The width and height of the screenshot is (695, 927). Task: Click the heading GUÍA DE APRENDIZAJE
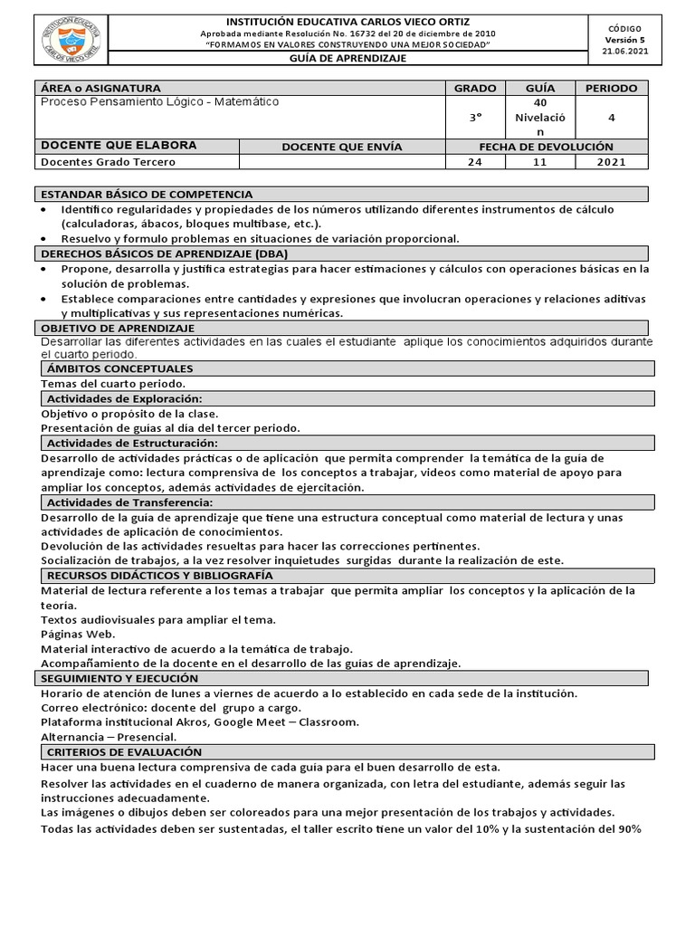tap(347, 58)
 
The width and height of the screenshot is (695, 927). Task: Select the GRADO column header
tap(474, 88)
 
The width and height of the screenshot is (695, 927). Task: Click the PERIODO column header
tap(611, 88)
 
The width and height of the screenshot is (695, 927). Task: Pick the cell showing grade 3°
tap(474, 117)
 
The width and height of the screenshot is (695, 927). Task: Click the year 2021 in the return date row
tap(611, 162)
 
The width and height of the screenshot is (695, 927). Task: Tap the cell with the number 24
tap(474, 162)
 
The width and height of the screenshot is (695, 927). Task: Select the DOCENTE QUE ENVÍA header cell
tap(342, 147)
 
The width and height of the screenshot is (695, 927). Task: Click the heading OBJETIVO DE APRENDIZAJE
tap(119, 328)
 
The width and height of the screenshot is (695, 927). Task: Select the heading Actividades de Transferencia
tap(129, 502)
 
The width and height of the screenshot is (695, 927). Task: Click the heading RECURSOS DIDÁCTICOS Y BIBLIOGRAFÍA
tap(159, 575)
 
